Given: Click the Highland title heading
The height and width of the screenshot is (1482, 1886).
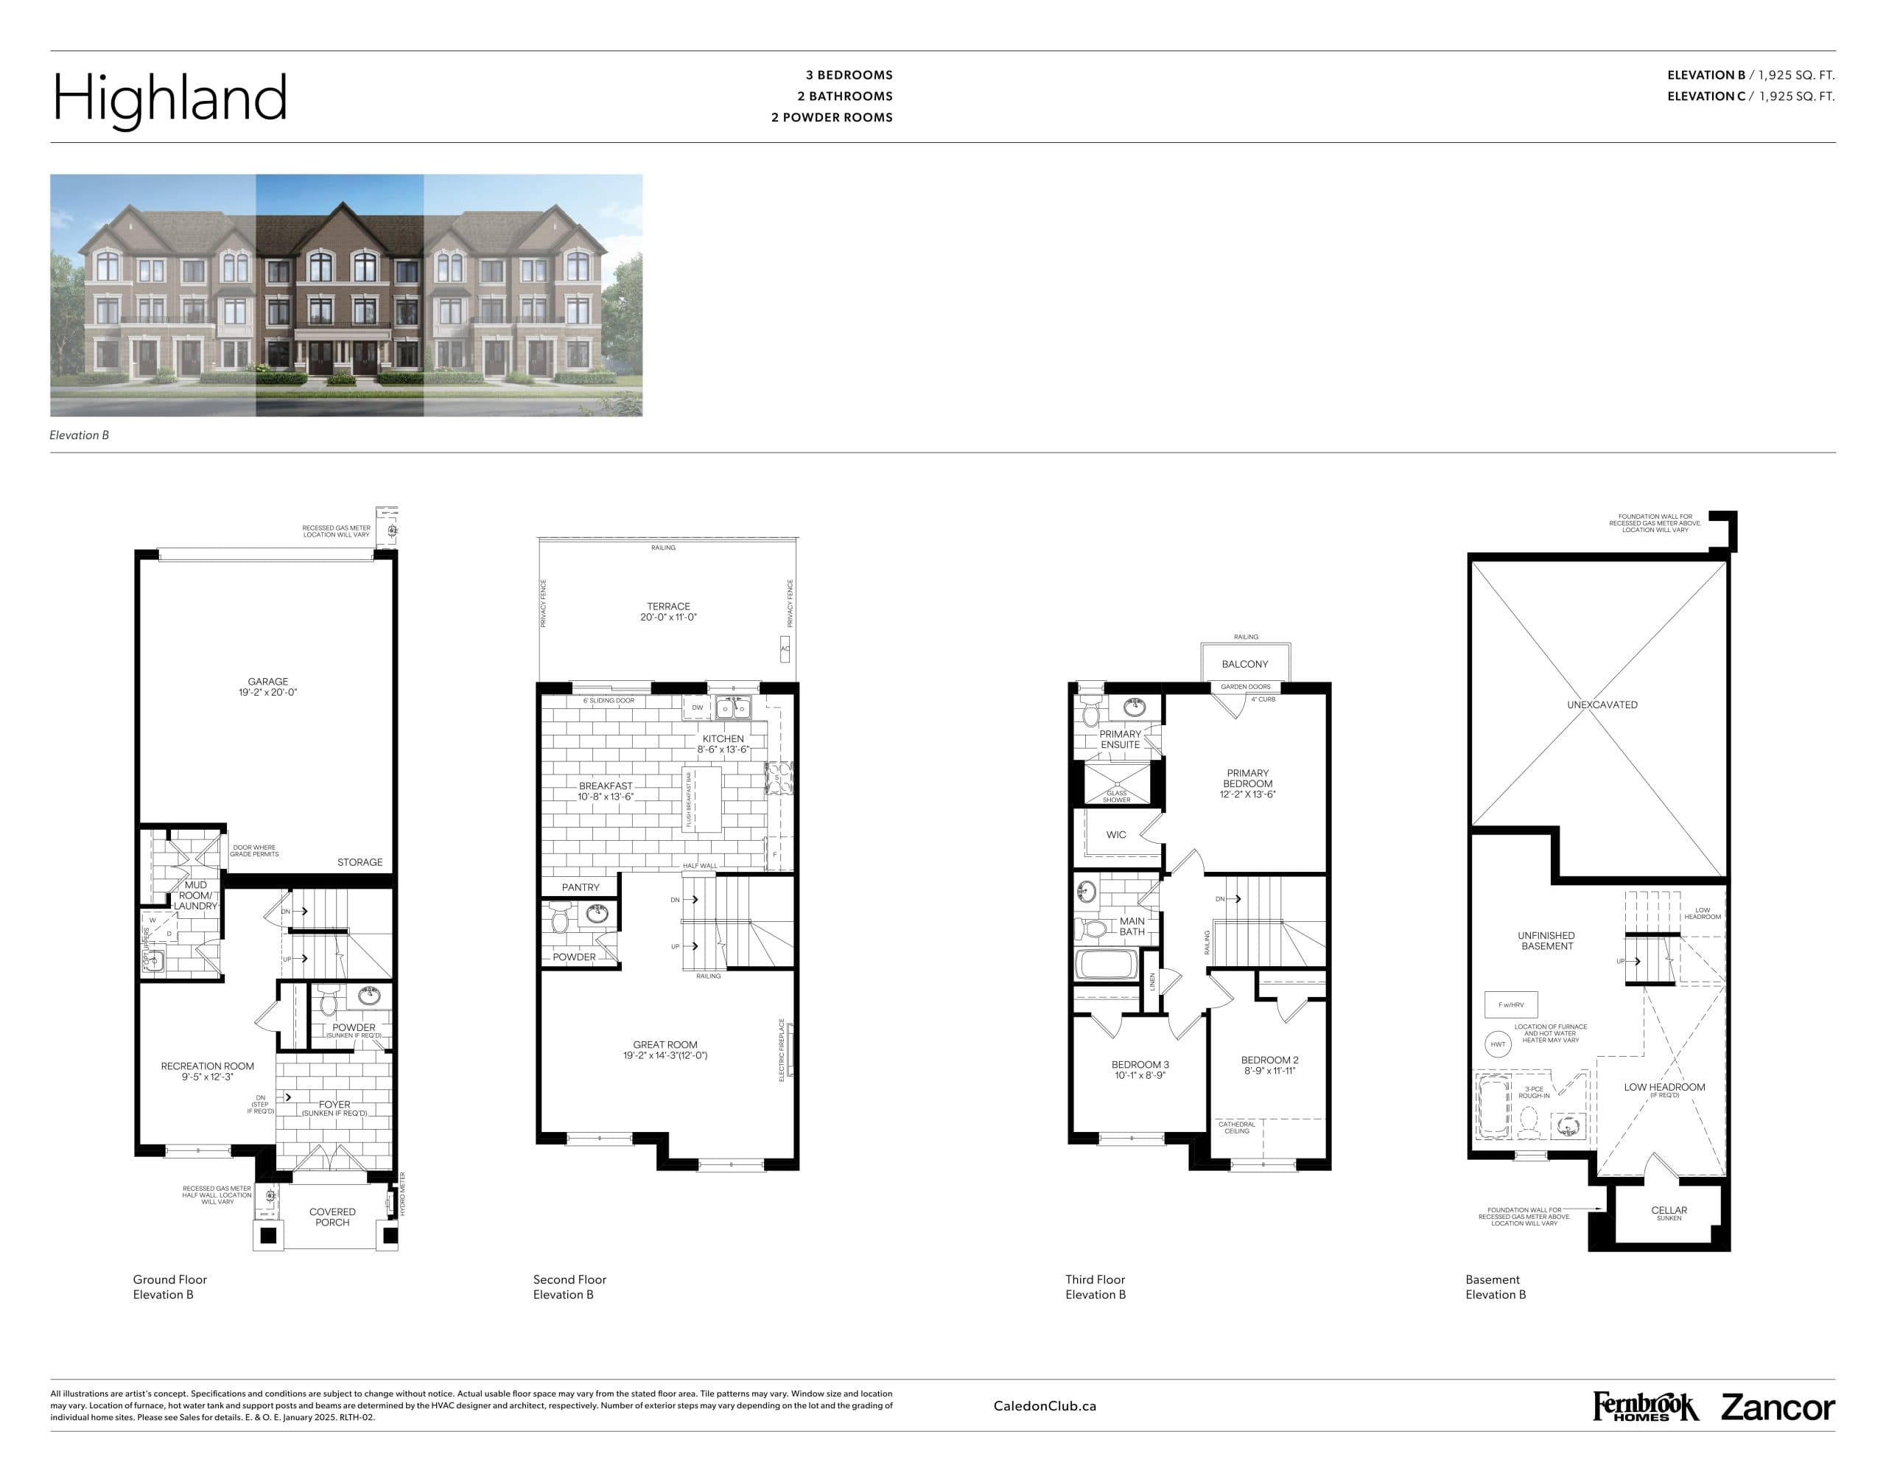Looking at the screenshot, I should pyautogui.click(x=170, y=97).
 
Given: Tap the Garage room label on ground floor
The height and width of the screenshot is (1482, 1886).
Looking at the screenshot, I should pyautogui.click(x=267, y=682).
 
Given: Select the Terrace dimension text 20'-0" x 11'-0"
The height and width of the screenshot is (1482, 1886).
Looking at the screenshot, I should pyautogui.click(x=668, y=618).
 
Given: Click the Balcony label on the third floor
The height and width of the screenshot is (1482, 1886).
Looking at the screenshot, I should pyautogui.click(x=1244, y=664).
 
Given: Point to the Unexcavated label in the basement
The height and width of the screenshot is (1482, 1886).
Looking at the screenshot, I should pyautogui.click(x=1602, y=705).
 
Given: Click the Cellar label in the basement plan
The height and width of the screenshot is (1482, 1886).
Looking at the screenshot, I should pyautogui.click(x=1668, y=1210).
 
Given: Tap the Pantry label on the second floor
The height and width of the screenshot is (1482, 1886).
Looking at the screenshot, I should pyautogui.click(x=581, y=887).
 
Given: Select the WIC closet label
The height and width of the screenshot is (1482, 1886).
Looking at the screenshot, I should pyautogui.click(x=1115, y=835).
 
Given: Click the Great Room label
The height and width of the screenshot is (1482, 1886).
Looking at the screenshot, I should pyautogui.click(x=665, y=1045).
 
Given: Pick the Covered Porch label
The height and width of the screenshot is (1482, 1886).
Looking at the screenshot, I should pyautogui.click(x=332, y=1217).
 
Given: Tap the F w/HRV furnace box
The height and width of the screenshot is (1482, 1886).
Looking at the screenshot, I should pyautogui.click(x=1510, y=1004).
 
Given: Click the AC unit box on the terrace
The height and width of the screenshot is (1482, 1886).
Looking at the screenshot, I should pyautogui.click(x=785, y=649).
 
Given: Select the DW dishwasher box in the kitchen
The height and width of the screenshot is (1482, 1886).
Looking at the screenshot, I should pyautogui.click(x=697, y=708).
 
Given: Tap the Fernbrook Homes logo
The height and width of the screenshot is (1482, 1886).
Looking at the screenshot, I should pyautogui.click(x=1645, y=1407).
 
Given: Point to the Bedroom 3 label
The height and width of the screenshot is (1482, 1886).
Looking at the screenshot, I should pyautogui.click(x=1139, y=1065).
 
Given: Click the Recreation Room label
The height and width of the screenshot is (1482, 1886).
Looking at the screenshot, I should pyautogui.click(x=207, y=1066).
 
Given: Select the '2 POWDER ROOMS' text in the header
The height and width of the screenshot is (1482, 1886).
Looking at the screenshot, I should pyautogui.click(x=831, y=118).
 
